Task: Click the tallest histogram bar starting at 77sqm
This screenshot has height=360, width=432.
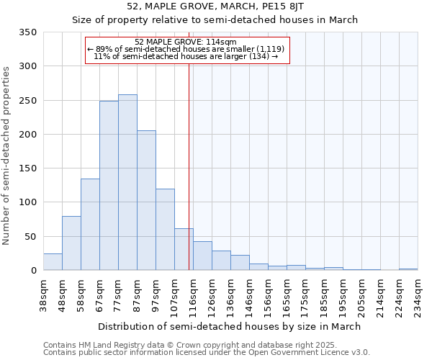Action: (127, 182)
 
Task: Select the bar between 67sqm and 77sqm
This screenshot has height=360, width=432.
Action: (109, 185)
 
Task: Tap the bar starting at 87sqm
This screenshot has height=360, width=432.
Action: (146, 200)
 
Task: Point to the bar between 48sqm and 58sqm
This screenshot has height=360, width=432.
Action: (71, 243)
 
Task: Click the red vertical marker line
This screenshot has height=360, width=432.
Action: (189, 144)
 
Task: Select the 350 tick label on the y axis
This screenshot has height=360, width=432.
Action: (28, 32)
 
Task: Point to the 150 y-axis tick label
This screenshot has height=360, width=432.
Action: (28, 168)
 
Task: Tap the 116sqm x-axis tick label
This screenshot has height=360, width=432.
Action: (193, 294)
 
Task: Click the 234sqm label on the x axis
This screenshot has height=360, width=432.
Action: (418, 294)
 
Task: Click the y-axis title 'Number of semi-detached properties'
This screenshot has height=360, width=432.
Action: (6, 156)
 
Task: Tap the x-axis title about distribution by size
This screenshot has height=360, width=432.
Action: (229, 326)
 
